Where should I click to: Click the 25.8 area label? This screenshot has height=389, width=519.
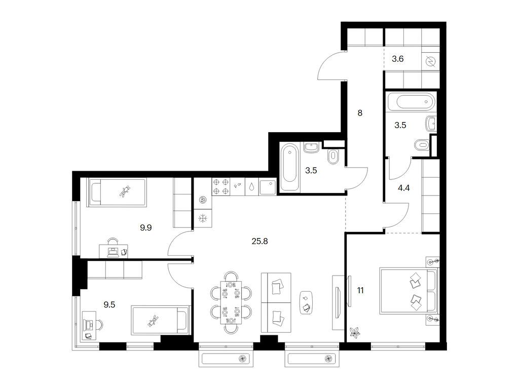point(259,242)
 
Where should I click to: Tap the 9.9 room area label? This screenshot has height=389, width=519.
point(145,227)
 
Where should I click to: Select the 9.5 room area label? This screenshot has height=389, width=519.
point(109,304)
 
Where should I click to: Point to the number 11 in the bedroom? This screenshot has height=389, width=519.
point(360,290)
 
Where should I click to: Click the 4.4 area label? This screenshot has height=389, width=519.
point(404,188)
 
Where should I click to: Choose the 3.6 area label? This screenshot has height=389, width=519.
point(397,59)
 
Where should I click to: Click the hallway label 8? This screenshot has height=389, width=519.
point(360,113)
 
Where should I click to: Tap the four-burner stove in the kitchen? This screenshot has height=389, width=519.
point(221,186)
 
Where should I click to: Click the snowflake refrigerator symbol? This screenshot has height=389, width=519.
point(202,218)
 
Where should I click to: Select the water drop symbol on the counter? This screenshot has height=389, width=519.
point(252,187)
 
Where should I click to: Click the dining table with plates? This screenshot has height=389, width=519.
point(231,303)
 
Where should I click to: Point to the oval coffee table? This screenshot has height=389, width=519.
point(307,303)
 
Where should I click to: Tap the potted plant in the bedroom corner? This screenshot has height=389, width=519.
point(355,332)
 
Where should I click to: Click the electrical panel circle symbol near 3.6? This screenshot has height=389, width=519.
point(431,61)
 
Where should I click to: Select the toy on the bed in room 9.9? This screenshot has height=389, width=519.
point(125,191)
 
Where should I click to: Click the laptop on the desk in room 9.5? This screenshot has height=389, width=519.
point(89,325)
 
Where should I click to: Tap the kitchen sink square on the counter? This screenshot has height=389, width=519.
point(268,187)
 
